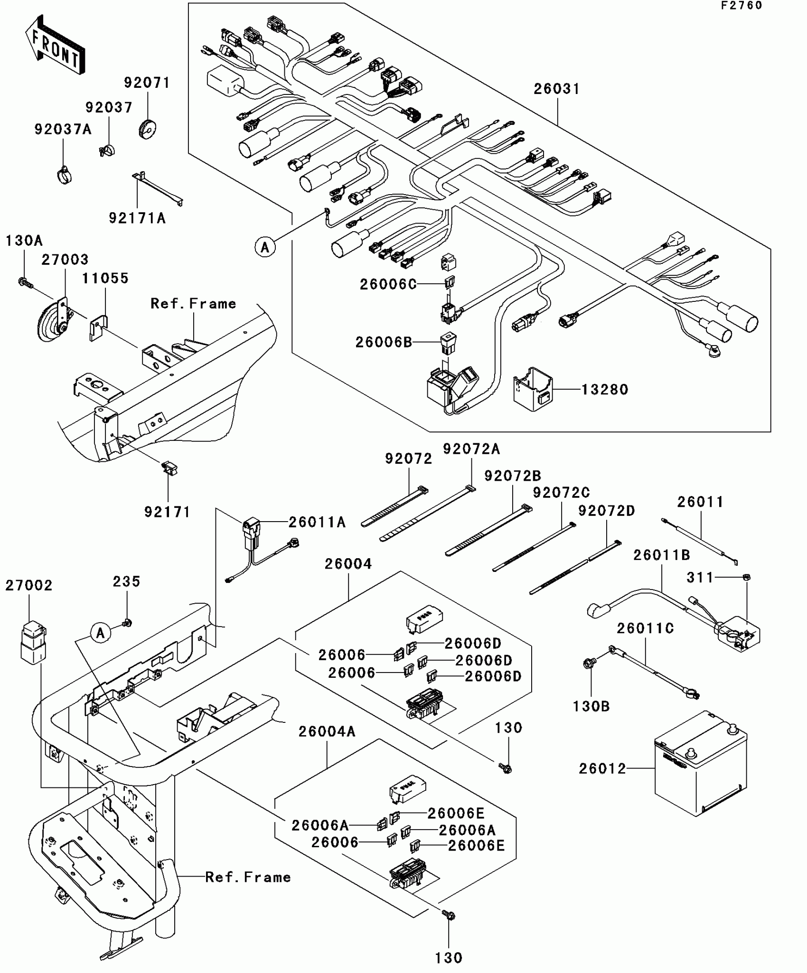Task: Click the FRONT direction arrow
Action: [55, 45]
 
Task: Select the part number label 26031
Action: [557, 89]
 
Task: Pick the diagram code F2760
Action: [741, 5]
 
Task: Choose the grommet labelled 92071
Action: [147, 129]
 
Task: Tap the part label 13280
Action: [605, 390]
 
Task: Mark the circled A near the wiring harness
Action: [265, 247]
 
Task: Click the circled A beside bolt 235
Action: [101, 633]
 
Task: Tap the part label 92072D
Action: [606, 511]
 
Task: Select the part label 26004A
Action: [327, 731]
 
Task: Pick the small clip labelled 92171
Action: [169, 468]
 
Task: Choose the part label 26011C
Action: [645, 628]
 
